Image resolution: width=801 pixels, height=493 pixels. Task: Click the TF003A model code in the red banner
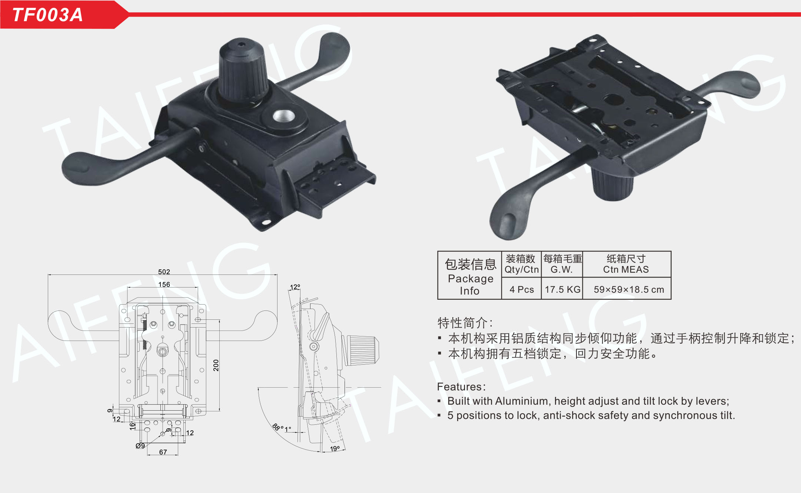point(47,15)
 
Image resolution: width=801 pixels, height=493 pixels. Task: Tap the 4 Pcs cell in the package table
point(522,289)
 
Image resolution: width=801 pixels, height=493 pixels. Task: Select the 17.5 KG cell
point(562,289)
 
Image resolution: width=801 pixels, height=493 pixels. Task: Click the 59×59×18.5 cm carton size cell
point(629,289)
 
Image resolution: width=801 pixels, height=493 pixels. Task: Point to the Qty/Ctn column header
point(521,269)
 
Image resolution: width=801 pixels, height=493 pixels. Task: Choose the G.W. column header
point(562,269)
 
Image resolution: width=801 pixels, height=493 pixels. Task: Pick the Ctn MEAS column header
point(626,269)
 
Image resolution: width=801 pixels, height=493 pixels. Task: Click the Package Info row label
point(471,285)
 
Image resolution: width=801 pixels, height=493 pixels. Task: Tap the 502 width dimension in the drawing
point(164,272)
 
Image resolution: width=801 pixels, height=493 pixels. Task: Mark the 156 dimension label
point(164,284)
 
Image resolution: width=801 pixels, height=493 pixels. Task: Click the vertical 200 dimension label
point(216,365)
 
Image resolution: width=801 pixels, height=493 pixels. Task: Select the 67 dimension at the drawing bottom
point(163,452)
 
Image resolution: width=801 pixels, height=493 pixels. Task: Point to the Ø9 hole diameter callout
point(140,446)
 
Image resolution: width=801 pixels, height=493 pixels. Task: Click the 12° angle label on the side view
point(295,287)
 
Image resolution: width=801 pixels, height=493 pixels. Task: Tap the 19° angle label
point(335,448)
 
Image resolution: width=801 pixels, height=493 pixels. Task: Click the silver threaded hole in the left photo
point(284,116)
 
